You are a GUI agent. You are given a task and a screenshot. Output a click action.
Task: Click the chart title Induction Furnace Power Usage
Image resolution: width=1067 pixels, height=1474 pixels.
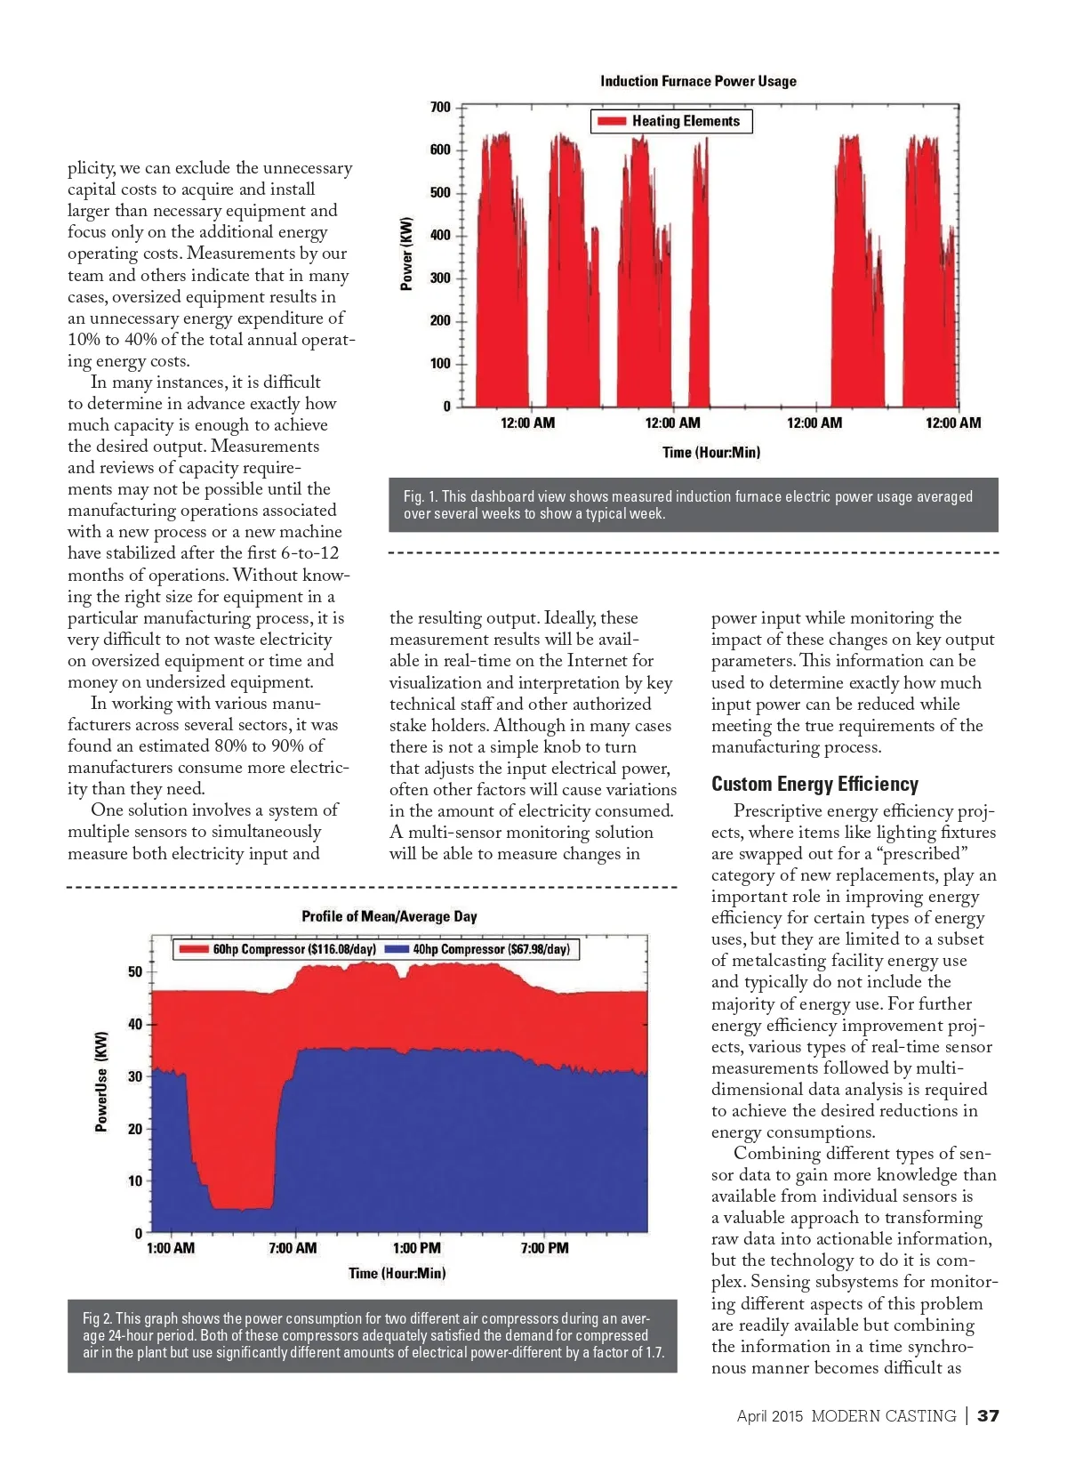click(x=698, y=81)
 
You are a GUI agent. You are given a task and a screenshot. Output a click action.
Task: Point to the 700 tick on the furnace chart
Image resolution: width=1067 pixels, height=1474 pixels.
click(x=440, y=108)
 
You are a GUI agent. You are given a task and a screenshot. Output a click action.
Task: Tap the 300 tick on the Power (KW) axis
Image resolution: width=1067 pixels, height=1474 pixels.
click(x=440, y=278)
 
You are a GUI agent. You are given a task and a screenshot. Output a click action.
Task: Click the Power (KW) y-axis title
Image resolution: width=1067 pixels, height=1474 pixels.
click(x=406, y=254)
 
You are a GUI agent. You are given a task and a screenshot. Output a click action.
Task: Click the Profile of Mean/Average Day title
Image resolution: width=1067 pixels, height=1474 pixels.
click(x=389, y=916)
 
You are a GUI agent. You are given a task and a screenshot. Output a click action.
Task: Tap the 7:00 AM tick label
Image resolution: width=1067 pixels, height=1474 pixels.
click(x=293, y=1248)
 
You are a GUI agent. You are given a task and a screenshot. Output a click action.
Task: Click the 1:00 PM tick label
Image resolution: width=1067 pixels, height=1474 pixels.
click(x=416, y=1248)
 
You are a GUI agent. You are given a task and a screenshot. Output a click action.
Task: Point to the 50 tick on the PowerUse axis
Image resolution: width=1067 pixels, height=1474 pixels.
click(x=135, y=971)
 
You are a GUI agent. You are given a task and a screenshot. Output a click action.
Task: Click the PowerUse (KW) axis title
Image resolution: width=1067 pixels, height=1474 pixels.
click(x=101, y=1082)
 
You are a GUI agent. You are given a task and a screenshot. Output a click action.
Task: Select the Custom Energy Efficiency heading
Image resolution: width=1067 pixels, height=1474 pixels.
click(x=814, y=784)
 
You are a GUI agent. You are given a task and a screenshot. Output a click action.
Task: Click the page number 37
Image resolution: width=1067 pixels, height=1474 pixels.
click(x=988, y=1415)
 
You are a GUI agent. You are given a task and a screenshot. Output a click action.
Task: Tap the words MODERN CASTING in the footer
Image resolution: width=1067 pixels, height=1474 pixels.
click(x=883, y=1415)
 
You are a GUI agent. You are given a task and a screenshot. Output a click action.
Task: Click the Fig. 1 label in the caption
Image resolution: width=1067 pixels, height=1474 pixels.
click(x=421, y=496)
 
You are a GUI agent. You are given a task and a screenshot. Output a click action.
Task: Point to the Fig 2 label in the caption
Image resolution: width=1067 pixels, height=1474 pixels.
click(x=98, y=1318)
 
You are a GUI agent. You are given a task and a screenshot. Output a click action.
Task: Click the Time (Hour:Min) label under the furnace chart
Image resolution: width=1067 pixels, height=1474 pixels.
click(x=710, y=452)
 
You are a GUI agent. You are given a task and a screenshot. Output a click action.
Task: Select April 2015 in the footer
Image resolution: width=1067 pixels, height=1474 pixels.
click(x=769, y=1415)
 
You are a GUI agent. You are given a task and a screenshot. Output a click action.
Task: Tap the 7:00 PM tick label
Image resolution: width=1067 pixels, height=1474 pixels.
click(x=544, y=1248)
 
